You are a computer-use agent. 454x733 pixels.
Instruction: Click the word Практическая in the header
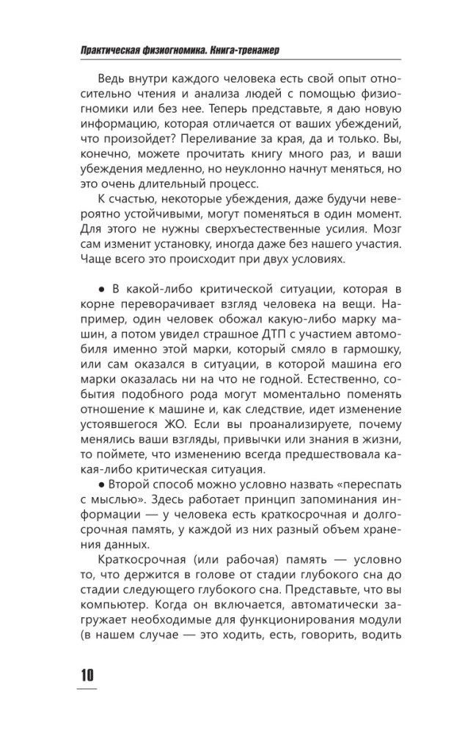(106, 50)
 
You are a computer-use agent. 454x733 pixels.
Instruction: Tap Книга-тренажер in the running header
(245, 50)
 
